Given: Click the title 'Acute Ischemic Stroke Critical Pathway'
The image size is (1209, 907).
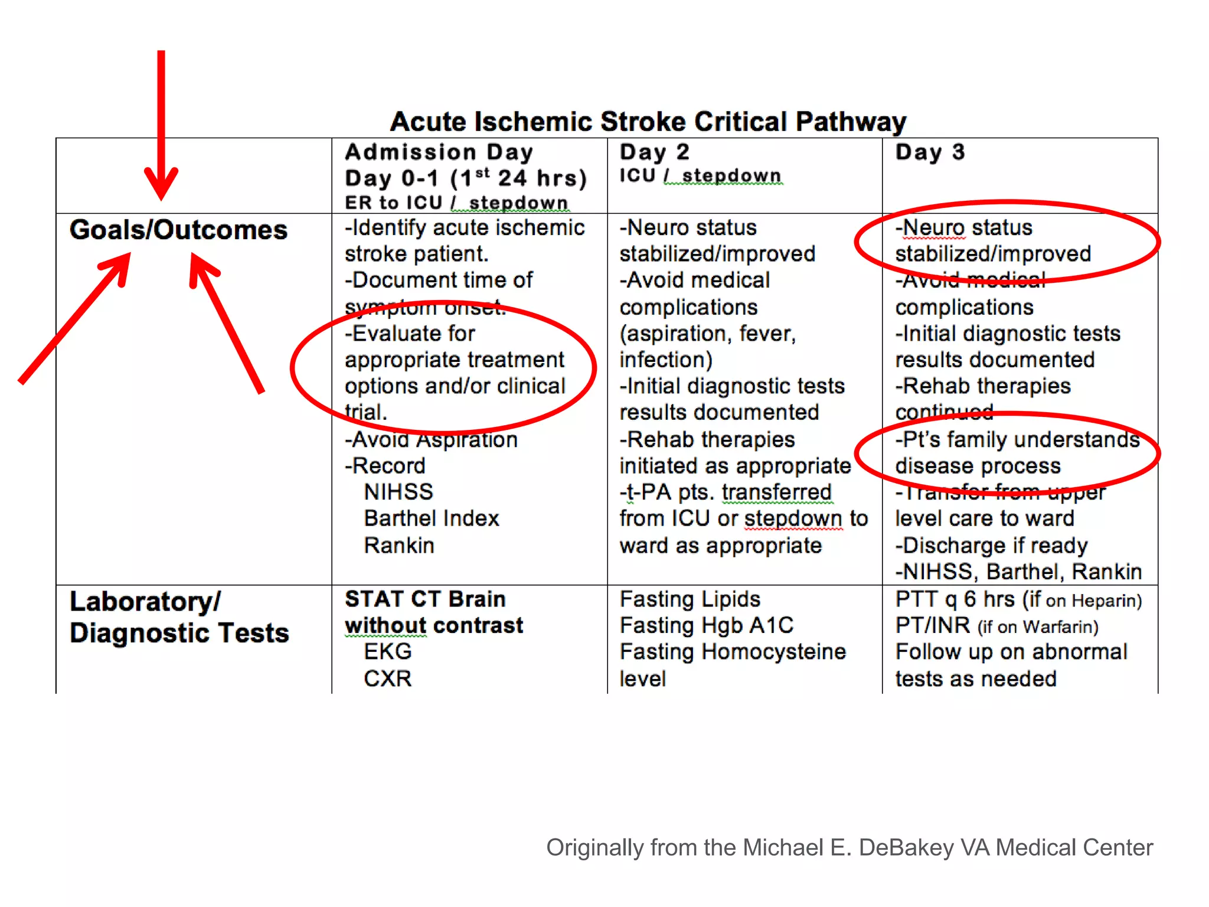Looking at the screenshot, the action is tap(648, 122).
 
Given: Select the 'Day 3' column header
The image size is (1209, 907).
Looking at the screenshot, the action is tap(930, 152).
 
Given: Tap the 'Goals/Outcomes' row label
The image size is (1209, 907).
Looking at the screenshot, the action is tap(178, 230).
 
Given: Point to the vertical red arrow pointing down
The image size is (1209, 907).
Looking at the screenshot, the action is tap(161, 124).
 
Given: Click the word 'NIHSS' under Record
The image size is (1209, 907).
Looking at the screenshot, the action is tap(398, 492).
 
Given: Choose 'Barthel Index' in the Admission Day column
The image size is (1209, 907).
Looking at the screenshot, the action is tap(432, 518).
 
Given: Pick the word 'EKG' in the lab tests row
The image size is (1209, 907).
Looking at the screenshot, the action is tap(388, 652).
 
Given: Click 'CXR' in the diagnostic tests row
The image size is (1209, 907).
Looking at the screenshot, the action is tap(388, 679).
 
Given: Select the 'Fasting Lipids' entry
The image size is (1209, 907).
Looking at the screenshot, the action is tap(690, 599).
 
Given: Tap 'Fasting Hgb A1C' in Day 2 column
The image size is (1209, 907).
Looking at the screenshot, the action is tap(706, 625).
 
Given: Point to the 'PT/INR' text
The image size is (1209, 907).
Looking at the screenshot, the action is tap(932, 625).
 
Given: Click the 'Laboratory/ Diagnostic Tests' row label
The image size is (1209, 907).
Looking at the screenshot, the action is tap(178, 617).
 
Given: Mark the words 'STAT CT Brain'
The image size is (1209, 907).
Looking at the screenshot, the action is tap(425, 599).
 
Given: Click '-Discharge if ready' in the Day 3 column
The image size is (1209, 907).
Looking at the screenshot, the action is tap(991, 546).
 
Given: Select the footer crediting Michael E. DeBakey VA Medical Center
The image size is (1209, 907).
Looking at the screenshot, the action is tap(849, 847).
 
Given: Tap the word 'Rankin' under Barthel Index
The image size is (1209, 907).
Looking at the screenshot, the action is tap(399, 546).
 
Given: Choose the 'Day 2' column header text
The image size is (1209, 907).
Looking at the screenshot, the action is tap(654, 152).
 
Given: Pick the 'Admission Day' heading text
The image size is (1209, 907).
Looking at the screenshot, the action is tap(439, 152).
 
